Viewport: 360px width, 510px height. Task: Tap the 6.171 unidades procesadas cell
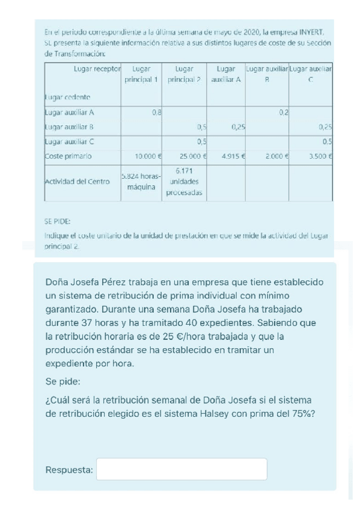click(186, 182)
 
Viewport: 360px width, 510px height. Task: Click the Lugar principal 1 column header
click(141, 74)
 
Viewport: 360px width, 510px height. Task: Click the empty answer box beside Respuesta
click(182, 469)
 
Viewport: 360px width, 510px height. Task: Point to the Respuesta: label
click(69, 470)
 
